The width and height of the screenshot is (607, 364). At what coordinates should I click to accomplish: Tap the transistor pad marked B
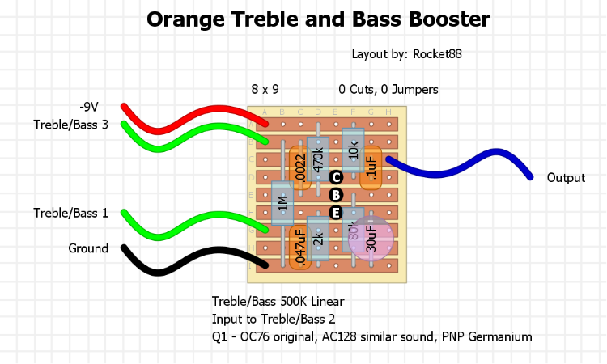[337, 195]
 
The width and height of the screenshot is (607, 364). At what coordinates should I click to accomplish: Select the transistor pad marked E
[337, 213]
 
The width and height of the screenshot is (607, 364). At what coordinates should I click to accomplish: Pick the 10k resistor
[353, 150]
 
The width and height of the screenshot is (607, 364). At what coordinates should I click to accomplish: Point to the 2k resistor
[318, 239]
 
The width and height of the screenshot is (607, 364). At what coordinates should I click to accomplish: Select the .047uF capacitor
[300, 247]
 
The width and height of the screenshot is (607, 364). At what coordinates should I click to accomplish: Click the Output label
[566, 177]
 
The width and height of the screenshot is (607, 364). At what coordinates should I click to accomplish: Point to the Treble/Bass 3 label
[70, 125]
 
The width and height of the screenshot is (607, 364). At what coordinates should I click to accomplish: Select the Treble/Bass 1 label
[70, 213]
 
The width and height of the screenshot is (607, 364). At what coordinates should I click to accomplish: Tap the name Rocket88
[437, 54]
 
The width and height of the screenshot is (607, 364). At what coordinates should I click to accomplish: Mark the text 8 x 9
[265, 90]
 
